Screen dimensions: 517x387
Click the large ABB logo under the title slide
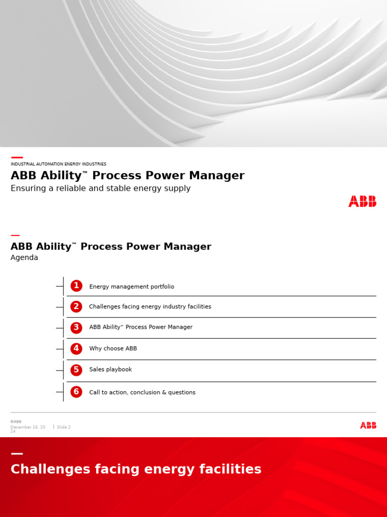pyautogui.click(x=362, y=201)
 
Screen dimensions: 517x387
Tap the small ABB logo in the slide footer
pyautogui.click(x=368, y=426)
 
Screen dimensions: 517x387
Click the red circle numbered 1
pyautogui.click(x=76, y=286)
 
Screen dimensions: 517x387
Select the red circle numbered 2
pyautogui.click(x=76, y=306)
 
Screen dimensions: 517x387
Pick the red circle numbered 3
pyautogui.click(x=76, y=327)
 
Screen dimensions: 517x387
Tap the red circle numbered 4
pyautogui.click(x=76, y=348)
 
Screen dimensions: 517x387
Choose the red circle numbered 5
pyautogui.click(x=76, y=370)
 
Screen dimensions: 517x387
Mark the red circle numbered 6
pyautogui.click(x=76, y=392)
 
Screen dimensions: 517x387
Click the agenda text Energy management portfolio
pyautogui.click(x=132, y=287)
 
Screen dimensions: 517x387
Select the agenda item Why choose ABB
pyautogui.click(x=113, y=349)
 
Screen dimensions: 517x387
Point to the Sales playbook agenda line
pyautogui.click(x=110, y=370)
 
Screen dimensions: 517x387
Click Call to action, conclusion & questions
pyautogui.click(x=142, y=392)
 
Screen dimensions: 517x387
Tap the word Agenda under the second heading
pyautogui.click(x=24, y=257)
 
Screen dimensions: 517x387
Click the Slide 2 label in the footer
pyautogui.click(x=63, y=427)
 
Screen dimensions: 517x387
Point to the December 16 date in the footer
pyautogui.click(x=27, y=427)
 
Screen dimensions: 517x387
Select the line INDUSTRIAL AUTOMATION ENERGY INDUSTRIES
pyautogui.click(x=58, y=164)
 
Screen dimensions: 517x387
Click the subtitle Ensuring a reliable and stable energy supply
pyautogui.click(x=100, y=188)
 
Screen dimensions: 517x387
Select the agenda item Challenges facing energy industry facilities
pyautogui.click(x=150, y=307)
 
